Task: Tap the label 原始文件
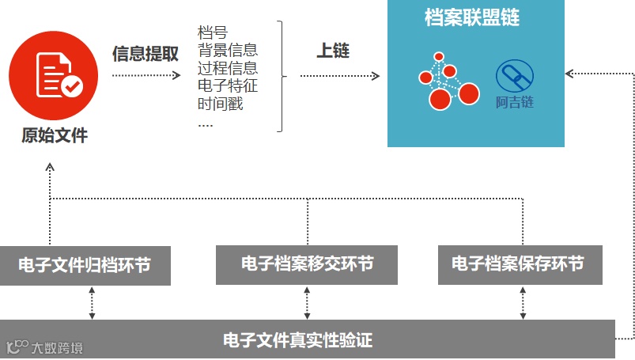(54, 136)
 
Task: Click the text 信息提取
(146, 54)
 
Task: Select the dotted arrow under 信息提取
(147, 76)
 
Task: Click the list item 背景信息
(228, 51)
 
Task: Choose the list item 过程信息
(228, 68)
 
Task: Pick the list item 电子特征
(228, 85)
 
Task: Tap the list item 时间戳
(220, 103)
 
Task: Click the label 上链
(332, 51)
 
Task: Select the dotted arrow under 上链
(339, 76)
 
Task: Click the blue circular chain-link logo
(514, 77)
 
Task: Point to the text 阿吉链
(515, 103)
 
